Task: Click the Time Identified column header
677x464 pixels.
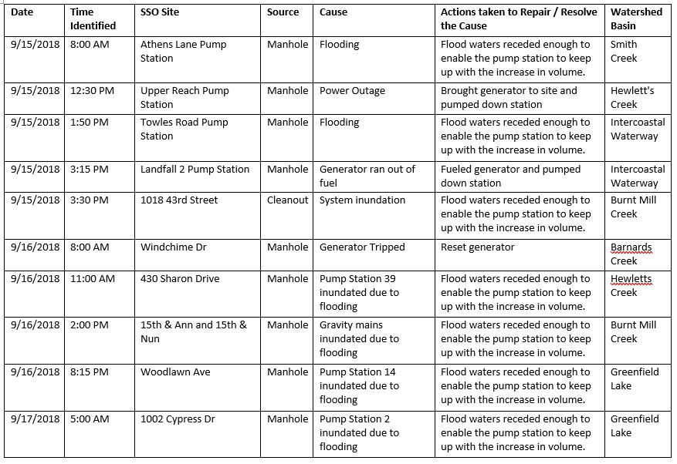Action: pyautogui.click(x=93, y=19)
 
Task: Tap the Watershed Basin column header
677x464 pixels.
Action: pyautogui.click(x=636, y=19)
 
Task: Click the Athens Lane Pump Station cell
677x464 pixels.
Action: pyautogui.click(x=183, y=52)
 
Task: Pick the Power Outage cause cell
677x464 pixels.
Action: pyautogui.click(x=352, y=91)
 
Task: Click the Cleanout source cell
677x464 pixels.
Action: pyautogui.click(x=288, y=200)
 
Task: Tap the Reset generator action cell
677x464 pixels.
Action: pyautogui.click(x=478, y=247)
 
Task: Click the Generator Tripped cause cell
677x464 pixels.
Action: pyautogui.click(x=362, y=247)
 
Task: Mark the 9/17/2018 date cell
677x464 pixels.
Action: pyautogui.click(x=36, y=419)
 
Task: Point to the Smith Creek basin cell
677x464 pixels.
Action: pyautogui.click(x=625, y=52)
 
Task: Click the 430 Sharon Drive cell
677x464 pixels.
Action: pyautogui.click(x=180, y=279)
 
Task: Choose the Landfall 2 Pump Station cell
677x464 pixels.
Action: pyautogui.click(x=195, y=170)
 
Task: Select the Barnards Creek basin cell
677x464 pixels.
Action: pyautogui.click(x=631, y=254)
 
